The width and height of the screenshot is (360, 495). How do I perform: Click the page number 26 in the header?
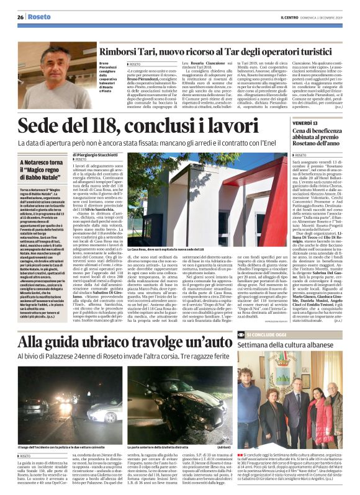(20, 17)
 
